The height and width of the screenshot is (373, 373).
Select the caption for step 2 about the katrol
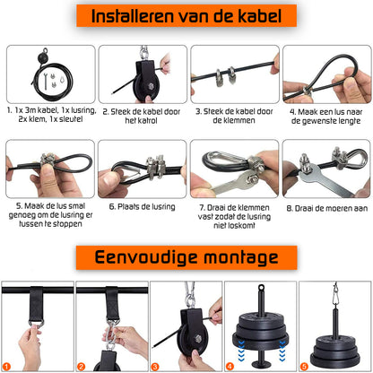[x=139, y=117]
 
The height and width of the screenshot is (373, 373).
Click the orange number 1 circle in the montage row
[x=8, y=366]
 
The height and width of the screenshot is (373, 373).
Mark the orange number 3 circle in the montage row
[x=156, y=366]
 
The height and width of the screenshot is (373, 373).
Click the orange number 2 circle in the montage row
[x=82, y=366]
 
